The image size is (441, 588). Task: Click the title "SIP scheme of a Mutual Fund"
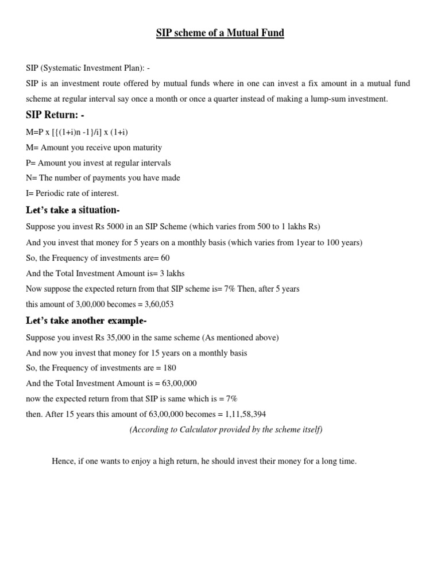tap(220, 33)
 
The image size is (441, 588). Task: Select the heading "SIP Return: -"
tap(55, 115)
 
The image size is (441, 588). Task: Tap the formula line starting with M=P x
tap(77, 132)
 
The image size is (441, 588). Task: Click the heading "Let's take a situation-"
tap(73, 210)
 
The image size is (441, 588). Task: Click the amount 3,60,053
tap(160, 304)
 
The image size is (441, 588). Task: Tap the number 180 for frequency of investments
tap(169, 367)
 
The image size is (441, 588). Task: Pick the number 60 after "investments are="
tap(165, 258)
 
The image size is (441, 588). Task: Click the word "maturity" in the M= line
tap(147, 148)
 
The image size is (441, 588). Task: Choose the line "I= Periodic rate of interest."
tap(72, 194)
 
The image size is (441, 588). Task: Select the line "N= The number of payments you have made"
tap(103, 178)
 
